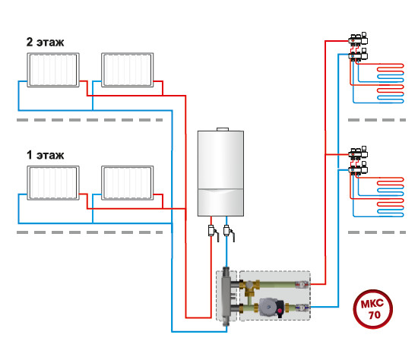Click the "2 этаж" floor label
pos(45,42)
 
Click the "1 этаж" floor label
pos(46,155)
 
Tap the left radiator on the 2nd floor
pos(53,70)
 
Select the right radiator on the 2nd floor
pos(128,70)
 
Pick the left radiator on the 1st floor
pos(53,183)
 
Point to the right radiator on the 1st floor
pos(128,183)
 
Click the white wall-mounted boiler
pos(220,173)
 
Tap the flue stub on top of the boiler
pos(223,129)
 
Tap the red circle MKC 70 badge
pos(372,309)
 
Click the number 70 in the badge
pos(374,315)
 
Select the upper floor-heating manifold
pos(359,47)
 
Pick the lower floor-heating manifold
pos(359,161)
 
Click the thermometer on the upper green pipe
pos(302,285)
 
